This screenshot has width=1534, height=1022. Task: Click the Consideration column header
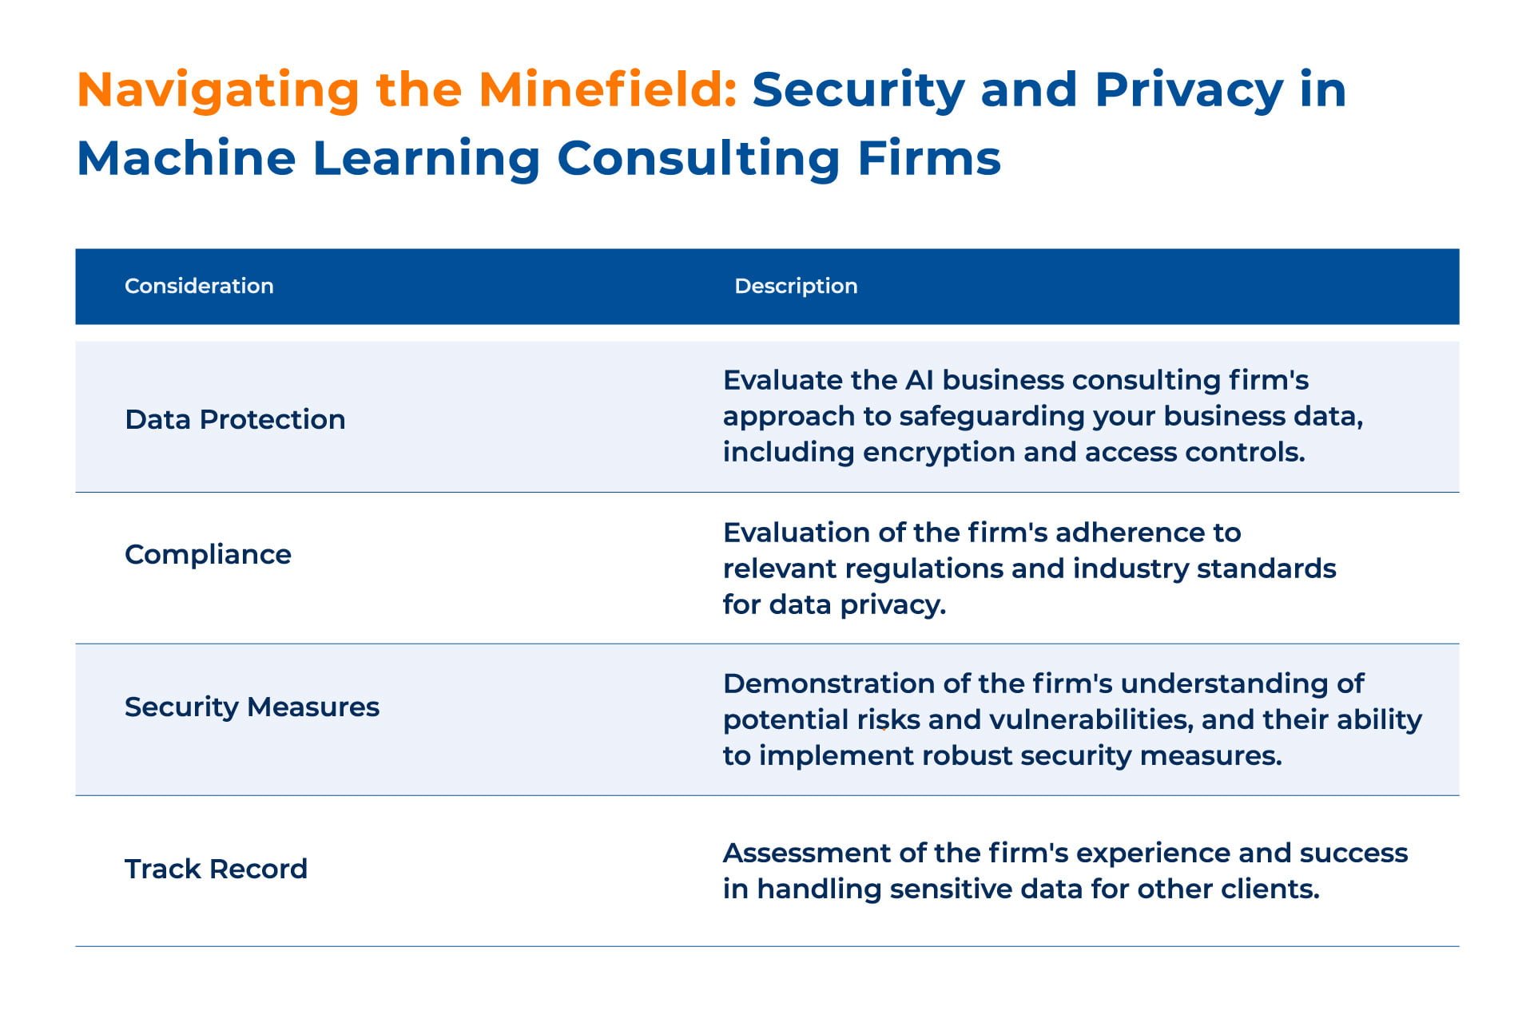click(199, 286)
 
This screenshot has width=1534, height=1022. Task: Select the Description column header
click(796, 286)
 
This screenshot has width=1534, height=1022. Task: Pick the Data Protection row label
click(235, 419)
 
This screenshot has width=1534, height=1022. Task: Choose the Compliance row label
click(208, 555)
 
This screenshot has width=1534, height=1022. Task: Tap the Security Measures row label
click(252, 707)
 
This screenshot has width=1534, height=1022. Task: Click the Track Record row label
click(216, 869)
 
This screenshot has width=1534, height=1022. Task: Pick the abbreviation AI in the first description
click(919, 380)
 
